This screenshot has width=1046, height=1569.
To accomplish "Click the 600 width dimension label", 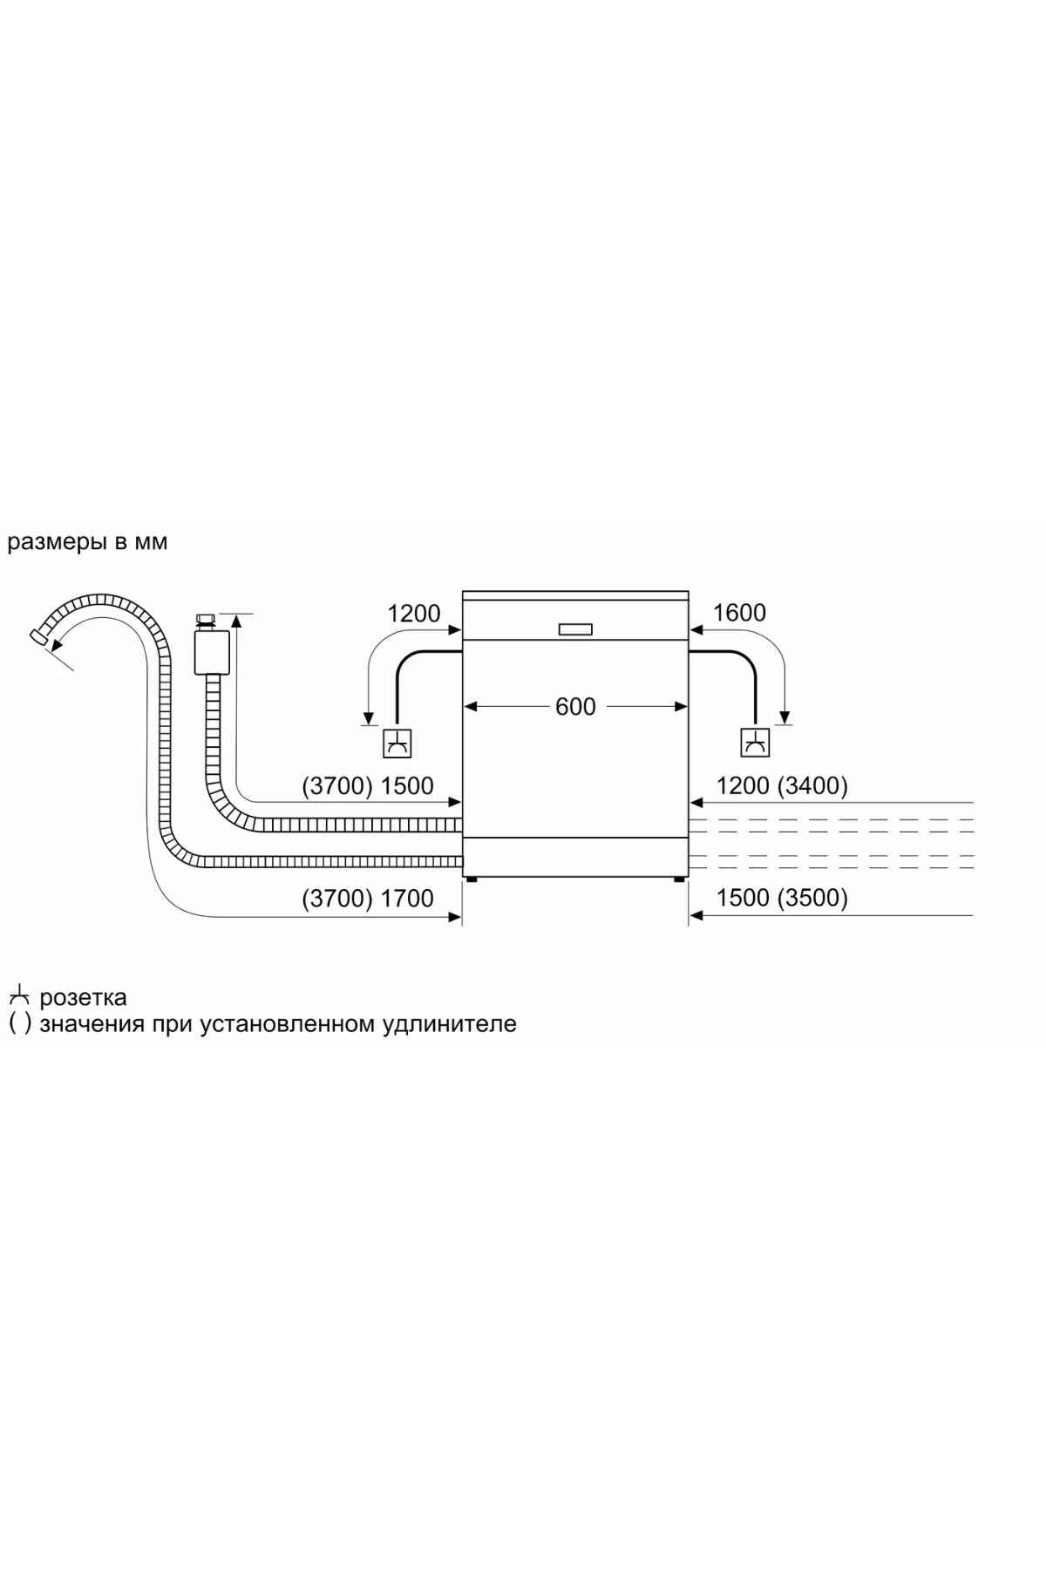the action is [x=575, y=706].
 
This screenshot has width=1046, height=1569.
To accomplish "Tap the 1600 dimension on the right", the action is [x=739, y=613].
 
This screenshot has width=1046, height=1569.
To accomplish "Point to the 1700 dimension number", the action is [x=407, y=898].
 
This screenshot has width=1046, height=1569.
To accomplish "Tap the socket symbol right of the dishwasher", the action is [x=755, y=744].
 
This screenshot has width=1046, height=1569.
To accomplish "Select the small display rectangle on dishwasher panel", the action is [x=575, y=629].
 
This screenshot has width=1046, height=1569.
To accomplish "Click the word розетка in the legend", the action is [x=83, y=997].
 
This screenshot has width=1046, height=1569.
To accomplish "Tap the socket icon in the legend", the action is [x=19, y=995].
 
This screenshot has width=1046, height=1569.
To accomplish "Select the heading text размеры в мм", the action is [x=87, y=542].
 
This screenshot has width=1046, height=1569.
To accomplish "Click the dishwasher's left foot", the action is [x=472, y=880].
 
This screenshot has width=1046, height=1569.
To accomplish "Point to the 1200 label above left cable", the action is [x=414, y=614].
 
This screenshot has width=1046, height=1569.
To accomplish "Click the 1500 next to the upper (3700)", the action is [x=407, y=786].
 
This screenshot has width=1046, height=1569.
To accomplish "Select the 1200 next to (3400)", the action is [x=743, y=786].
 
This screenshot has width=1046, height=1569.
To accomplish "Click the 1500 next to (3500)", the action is [x=743, y=898].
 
